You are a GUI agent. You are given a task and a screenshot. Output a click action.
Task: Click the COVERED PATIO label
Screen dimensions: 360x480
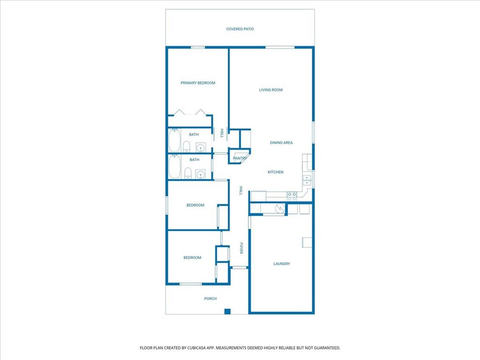click(x=240, y=29)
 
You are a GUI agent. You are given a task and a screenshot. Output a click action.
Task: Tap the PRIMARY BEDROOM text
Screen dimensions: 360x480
click(x=198, y=83)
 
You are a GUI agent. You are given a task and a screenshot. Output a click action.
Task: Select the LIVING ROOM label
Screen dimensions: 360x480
click(x=271, y=90)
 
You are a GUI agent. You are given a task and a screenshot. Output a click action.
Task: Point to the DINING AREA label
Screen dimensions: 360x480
click(x=281, y=142)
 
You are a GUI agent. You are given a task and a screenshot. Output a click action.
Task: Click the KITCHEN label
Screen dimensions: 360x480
click(x=275, y=172)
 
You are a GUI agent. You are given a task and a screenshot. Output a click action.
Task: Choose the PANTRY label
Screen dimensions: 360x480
click(x=240, y=158)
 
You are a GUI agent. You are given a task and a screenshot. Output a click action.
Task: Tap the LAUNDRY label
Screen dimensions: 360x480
click(x=282, y=264)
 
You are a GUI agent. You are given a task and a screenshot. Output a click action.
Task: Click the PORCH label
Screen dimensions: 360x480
click(x=210, y=299)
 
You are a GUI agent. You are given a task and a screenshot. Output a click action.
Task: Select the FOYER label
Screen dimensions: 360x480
click(x=241, y=248)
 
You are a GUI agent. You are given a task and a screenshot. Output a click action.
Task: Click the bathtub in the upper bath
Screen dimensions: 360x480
click(x=174, y=140)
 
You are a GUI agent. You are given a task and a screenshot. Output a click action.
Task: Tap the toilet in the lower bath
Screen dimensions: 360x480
click(x=187, y=174)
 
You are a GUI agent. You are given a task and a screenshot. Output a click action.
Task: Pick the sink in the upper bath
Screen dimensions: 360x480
click(x=201, y=148)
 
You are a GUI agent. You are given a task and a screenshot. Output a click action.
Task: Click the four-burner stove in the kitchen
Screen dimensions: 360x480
click(x=292, y=196)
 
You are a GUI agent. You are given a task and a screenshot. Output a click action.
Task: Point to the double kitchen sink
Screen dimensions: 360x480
click(x=307, y=180)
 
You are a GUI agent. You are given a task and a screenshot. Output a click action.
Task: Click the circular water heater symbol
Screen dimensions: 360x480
click(x=280, y=209)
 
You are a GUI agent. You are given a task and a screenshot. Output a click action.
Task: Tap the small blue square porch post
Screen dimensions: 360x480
click(x=227, y=311)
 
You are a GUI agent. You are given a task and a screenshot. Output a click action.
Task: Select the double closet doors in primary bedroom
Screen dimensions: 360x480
click(x=190, y=112)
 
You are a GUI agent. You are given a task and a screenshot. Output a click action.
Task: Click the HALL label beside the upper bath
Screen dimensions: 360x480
click(x=222, y=134)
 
